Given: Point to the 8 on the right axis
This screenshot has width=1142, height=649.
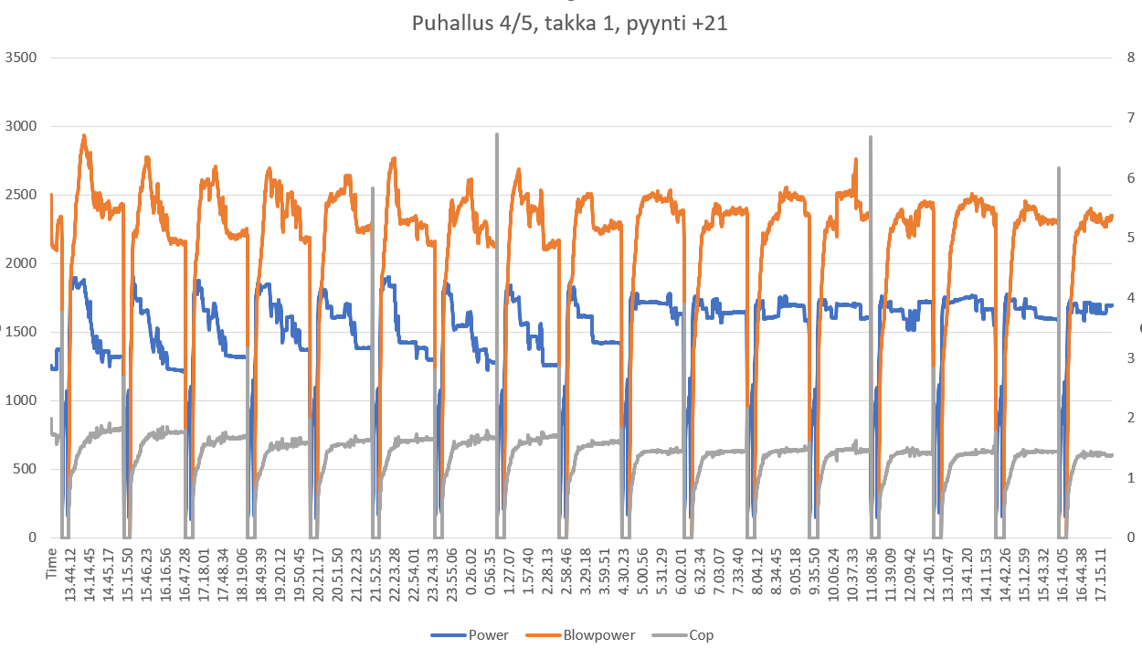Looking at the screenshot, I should [1131, 58].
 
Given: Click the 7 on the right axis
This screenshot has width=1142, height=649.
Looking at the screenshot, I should [1131, 117].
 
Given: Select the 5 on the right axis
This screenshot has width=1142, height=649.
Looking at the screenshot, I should [1131, 238].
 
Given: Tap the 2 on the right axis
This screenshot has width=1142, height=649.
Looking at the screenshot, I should [1131, 418].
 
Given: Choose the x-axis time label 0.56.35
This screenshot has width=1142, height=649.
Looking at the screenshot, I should [502, 574].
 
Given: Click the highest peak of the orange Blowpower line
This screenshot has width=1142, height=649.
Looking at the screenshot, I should [84, 135].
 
